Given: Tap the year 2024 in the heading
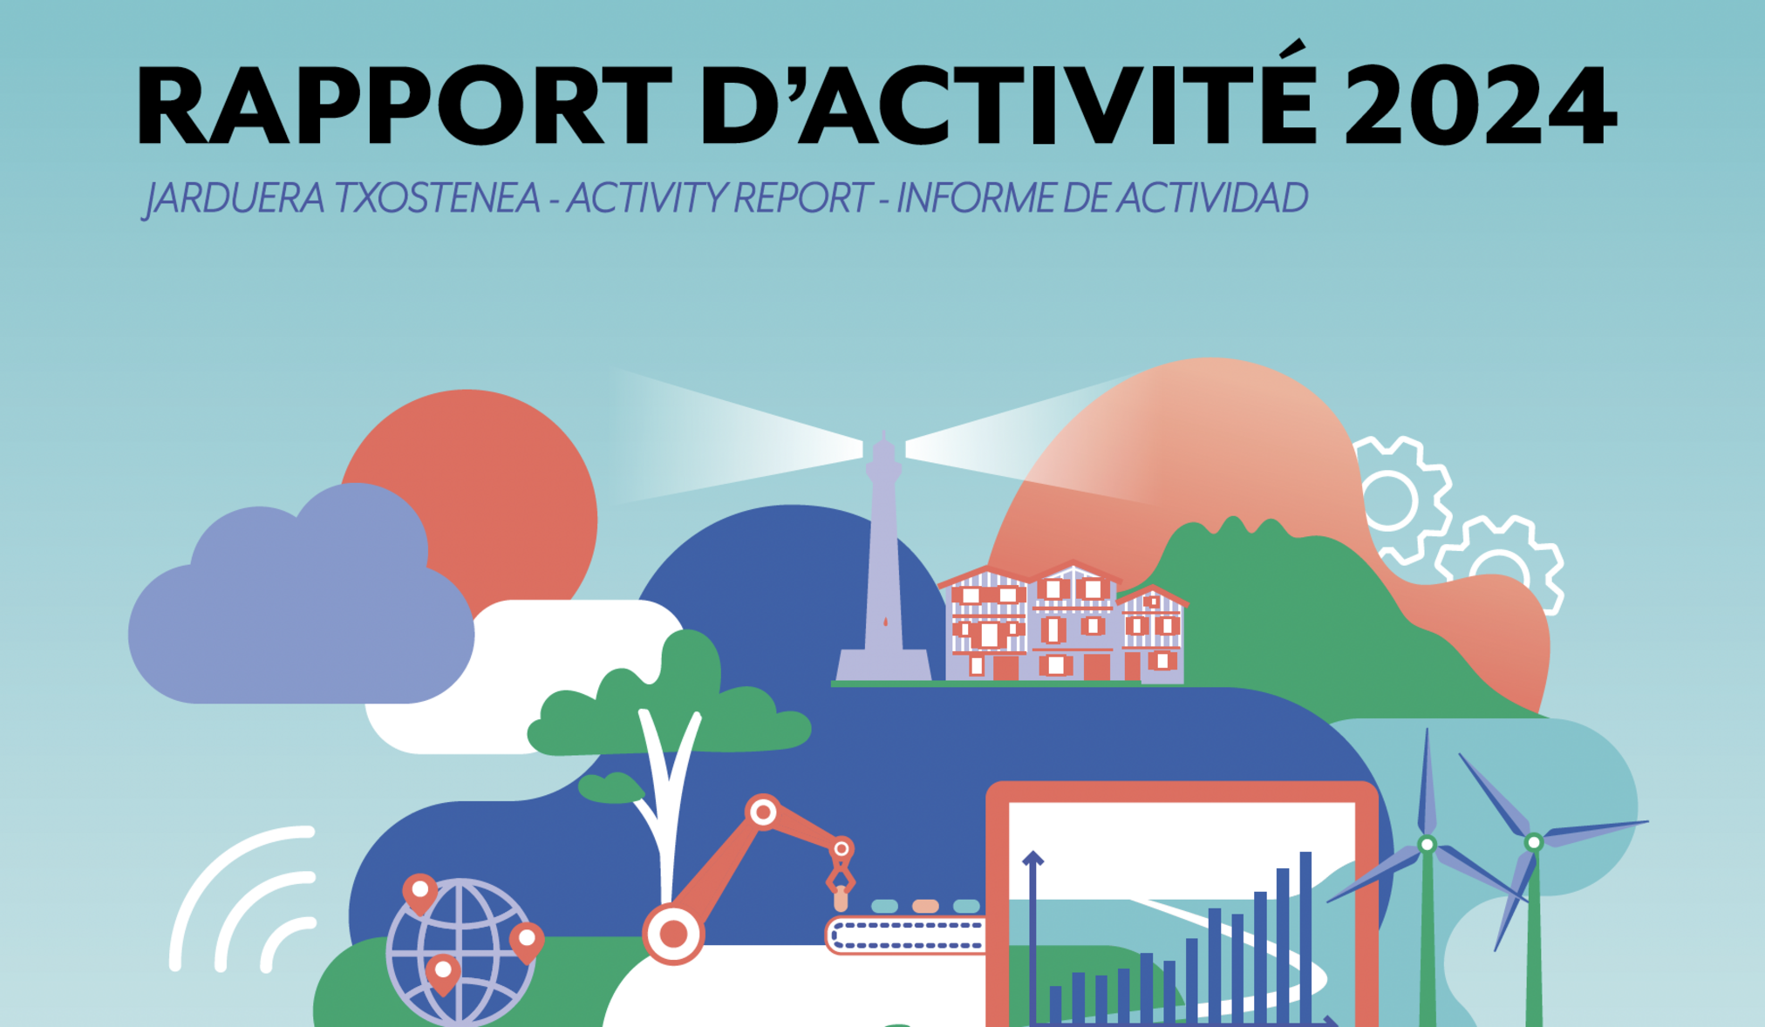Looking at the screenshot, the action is click(1481, 105).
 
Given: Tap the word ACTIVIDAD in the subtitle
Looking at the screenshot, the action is click(1213, 198).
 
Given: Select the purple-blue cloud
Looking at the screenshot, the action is click(301, 602).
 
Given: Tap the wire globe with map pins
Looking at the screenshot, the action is click(460, 953).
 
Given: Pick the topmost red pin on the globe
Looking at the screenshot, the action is click(419, 893).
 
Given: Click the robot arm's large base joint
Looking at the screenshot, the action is click(673, 934).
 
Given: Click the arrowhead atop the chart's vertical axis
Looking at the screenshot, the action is click(1032, 858).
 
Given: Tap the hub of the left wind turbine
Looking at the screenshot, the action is click(1427, 844).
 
